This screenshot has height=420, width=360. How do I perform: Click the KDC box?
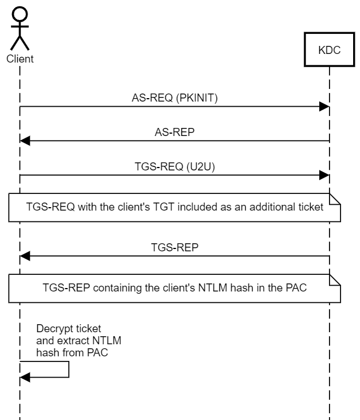329,50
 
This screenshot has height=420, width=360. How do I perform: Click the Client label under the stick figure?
20,58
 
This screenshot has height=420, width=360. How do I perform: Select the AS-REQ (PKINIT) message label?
175,98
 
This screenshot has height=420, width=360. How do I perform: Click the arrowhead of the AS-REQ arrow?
324,107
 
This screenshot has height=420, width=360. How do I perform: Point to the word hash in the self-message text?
47,353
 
